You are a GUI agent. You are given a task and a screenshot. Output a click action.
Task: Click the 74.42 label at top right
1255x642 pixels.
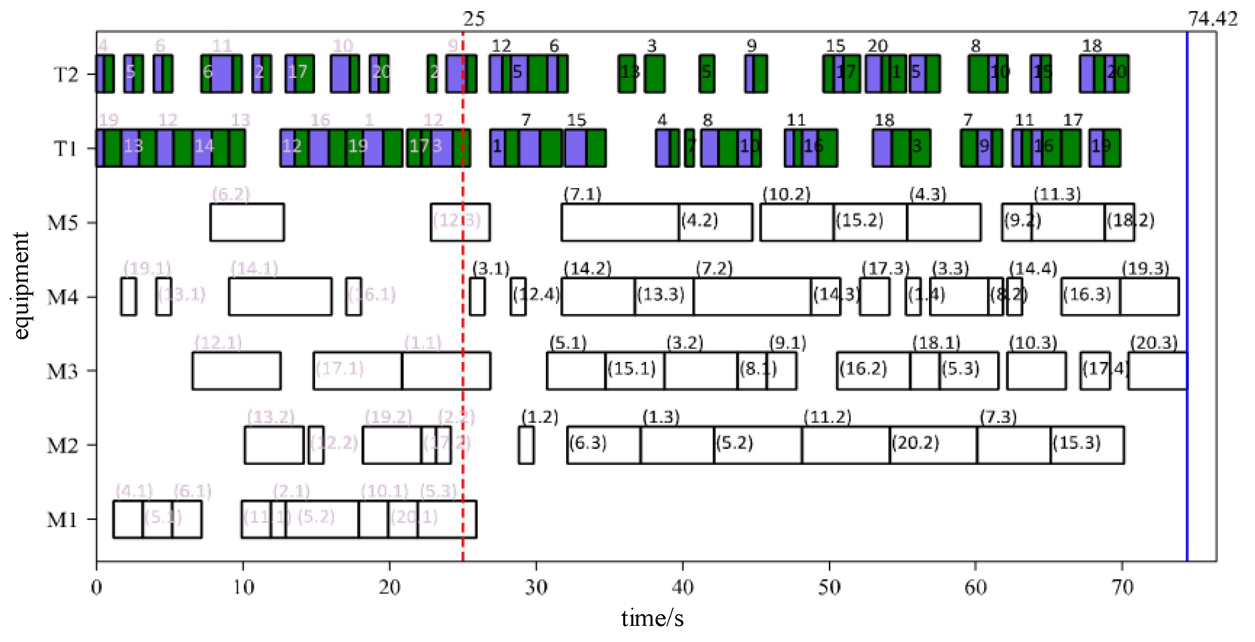pos(1212,19)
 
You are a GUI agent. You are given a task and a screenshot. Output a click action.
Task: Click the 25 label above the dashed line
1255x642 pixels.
pos(474,19)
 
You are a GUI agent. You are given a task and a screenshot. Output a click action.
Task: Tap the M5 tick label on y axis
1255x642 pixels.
pos(63,223)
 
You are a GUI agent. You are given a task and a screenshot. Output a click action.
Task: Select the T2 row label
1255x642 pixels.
pos(66,75)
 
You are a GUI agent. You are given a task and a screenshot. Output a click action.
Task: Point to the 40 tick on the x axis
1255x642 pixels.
pos(682,587)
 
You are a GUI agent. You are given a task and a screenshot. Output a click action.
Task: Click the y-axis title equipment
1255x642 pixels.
pos(21,286)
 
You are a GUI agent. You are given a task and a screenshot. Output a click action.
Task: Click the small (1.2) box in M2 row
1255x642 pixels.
pos(526,445)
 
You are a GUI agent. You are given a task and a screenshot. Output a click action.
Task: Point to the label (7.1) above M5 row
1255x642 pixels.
pos(582,194)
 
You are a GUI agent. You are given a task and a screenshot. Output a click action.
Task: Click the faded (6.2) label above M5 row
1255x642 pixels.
pos(231,194)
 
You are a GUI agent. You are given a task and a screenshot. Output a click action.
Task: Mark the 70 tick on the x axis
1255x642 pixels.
pos(1122,587)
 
